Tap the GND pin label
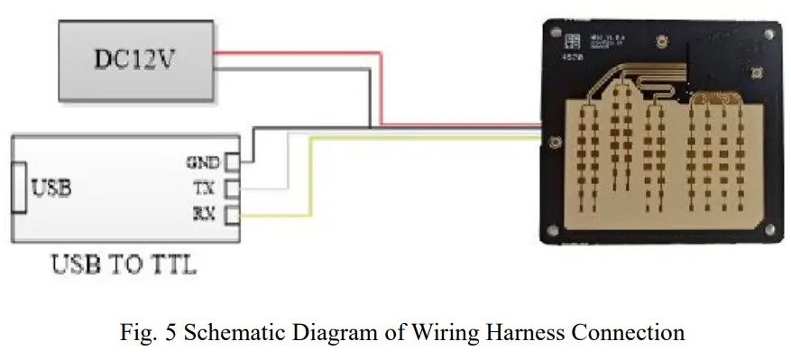[202, 163]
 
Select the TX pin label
[204, 189]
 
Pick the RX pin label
[204, 214]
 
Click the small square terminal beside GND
[232, 162]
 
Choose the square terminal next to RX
[232, 214]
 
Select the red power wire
[379, 90]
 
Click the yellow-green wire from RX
[311, 180]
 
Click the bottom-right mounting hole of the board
[768, 229]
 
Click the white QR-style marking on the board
[572, 41]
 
